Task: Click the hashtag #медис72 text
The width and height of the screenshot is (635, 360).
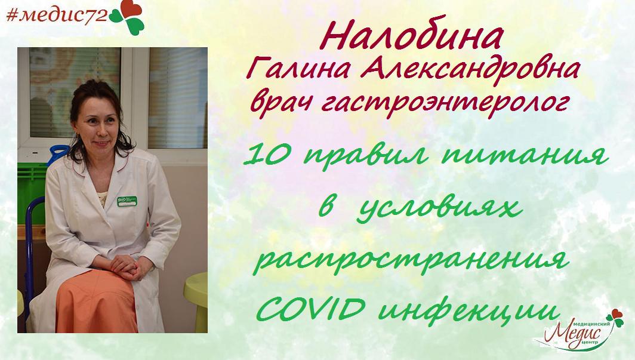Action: (57, 15)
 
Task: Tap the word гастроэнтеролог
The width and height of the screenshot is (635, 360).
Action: (445, 104)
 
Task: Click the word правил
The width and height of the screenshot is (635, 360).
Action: (365, 156)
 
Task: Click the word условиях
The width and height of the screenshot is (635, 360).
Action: (439, 208)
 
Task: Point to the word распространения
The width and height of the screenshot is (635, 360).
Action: (411, 260)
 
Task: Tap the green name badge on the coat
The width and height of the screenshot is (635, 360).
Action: (127, 201)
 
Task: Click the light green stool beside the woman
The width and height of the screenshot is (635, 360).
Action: (196, 300)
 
